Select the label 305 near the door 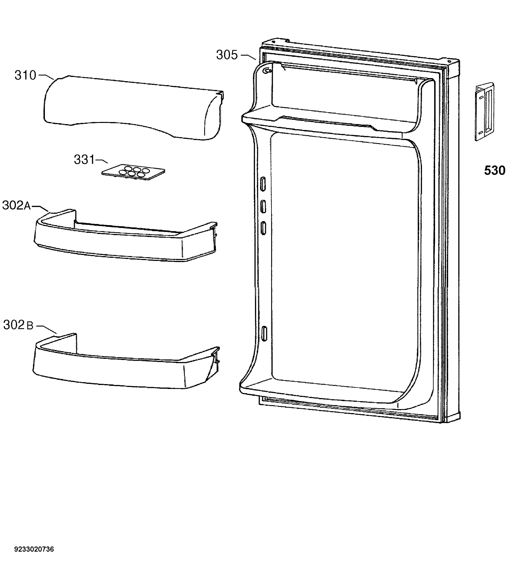coord(227,55)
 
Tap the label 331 coord(84,159)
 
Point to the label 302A coord(17,205)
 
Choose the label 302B coord(18,325)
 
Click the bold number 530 coord(495,170)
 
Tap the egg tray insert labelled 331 coord(133,172)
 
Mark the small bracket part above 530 coord(485,111)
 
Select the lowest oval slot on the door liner coord(264,333)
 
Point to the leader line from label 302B coord(47,330)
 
